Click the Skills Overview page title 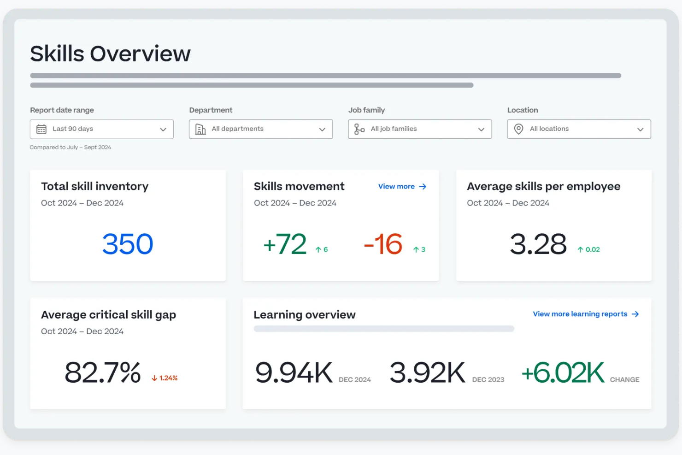tap(110, 54)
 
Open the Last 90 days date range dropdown tap(102, 129)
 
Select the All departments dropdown tap(261, 129)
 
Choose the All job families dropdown tap(420, 129)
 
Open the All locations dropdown tap(579, 129)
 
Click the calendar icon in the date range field tap(41, 129)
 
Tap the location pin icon tap(518, 129)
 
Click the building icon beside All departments tap(200, 129)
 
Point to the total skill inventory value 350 tap(128, 244)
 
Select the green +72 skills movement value tap(285, 244)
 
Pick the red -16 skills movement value tap(383, 244)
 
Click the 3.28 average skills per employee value tap(538, 244)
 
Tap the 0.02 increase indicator tap(589, 249)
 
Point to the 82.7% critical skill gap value tap(102, 372)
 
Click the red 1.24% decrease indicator tap(165, 378)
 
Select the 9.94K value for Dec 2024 tap(294, 372)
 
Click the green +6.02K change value tap(563, 372)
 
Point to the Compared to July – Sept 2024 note tap(71, 148)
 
